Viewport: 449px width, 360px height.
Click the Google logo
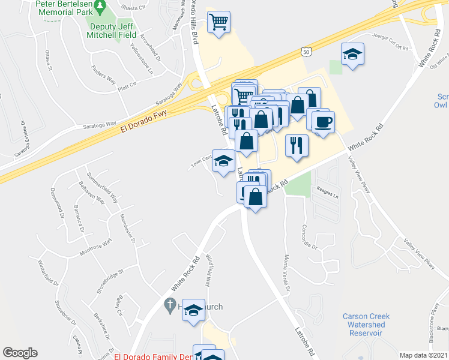20,353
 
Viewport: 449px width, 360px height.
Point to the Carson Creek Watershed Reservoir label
366,324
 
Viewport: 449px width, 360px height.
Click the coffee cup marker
324,121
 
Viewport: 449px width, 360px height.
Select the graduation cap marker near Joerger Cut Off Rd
353,54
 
